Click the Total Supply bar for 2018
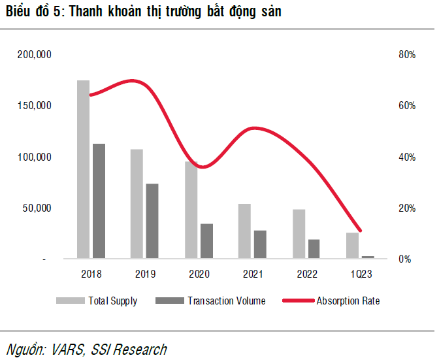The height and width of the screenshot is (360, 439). (x=83, y=169)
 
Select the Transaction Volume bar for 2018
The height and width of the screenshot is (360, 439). (x=99, y=201)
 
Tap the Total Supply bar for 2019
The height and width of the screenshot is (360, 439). (x=137, y=204)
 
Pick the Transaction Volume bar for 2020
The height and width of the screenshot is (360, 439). (x=206, y=241)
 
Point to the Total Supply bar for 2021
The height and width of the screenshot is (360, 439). (x=244, y=231)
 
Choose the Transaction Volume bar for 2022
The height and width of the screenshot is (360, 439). (x=314, y=249)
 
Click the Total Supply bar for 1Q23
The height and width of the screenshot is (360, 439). (x=353, y=246)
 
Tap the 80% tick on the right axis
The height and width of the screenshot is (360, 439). (x=406, y=55)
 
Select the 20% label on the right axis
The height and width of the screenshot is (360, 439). (x=406, y=208)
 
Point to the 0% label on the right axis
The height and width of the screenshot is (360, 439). (x=405, y=259)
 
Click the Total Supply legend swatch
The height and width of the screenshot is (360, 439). (x=70, y=301)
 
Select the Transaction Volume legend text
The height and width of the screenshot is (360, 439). (x=226, y=301)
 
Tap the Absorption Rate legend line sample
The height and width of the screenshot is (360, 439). (x=298, y=301)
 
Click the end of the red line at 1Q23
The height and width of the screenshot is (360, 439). (x=360, y=231)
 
